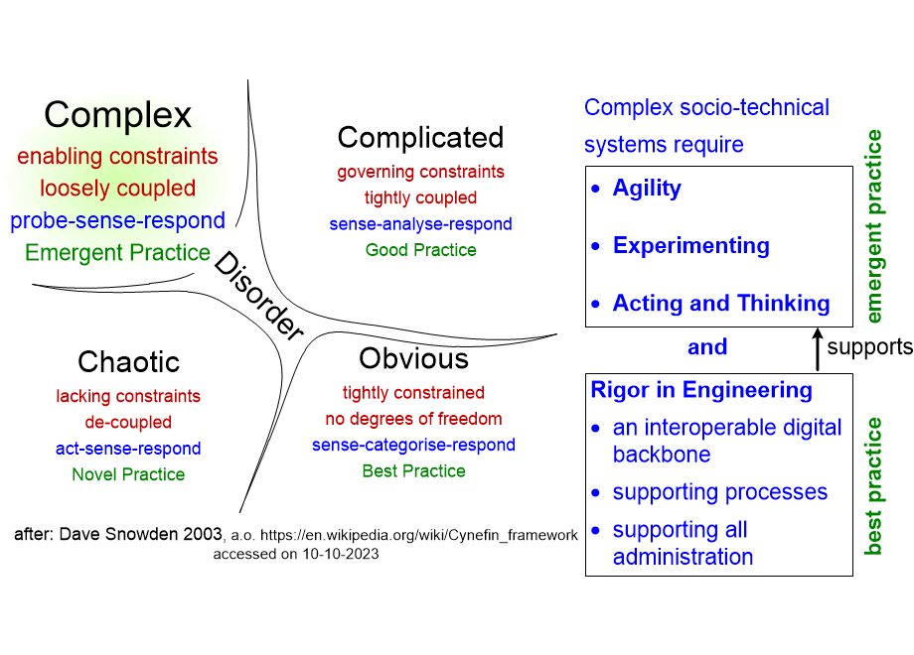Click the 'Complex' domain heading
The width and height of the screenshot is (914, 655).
(117, 115)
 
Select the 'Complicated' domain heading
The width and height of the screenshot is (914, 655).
(420, 137)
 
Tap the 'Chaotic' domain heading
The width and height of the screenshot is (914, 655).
(129, 361)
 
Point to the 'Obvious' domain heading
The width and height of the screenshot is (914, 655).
(413, 358)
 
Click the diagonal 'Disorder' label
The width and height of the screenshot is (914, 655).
(258, 295)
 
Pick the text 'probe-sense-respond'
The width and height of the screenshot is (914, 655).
(117, 220)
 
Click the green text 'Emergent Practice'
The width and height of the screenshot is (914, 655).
(117, 252)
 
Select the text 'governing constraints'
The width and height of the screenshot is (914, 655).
(420, 172)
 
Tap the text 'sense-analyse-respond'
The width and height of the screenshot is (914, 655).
(420, 223)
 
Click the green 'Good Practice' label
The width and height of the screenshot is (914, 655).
(420, 249)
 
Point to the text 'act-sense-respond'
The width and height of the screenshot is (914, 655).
(128, 449)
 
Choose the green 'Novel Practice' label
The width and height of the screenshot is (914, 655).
(128, 474)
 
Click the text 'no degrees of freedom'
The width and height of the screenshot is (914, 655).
(413, 419)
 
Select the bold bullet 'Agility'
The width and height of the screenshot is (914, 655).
(647, 189)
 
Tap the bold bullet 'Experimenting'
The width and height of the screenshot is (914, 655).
(690, 246)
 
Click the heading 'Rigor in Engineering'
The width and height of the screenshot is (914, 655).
(701, 390)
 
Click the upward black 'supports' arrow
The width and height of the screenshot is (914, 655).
(818, 348)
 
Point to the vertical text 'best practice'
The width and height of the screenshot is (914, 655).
(873, 486)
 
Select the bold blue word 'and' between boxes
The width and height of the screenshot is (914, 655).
(707, 347)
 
